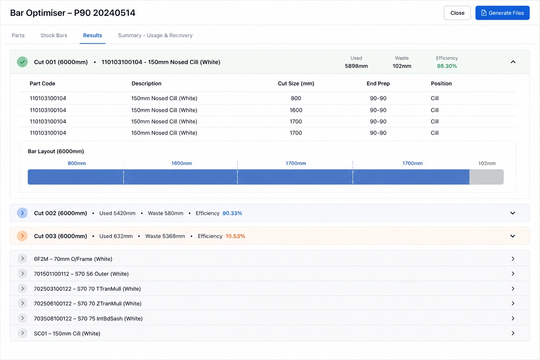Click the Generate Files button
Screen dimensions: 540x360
[x=502, y=13]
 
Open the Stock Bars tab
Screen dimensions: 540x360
[x=54, y=35]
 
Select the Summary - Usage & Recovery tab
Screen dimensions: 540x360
[x=155, y=35]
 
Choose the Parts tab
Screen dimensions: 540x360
[x=18, y=35]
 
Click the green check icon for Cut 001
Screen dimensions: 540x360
[x=22, y=62]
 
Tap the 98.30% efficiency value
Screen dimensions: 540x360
[x=447, y=66]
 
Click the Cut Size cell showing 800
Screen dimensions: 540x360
[x=296, y=98]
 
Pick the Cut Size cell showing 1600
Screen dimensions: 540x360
[x=296, y=110]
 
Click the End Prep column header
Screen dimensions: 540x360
[x=378, y=83]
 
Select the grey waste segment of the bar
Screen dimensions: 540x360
[x=487, y=177]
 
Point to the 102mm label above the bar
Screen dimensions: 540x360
[x=487, y=163]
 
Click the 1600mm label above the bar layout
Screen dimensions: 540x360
[x=181, y=163]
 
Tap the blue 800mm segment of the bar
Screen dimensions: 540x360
[x=76, y=177]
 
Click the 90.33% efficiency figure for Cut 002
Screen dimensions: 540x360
[x=232, y=213]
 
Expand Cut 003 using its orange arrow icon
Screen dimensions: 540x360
[x=22, y=236]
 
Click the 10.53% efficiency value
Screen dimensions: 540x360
[x=235, y=236]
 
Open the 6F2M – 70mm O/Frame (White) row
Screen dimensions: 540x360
[x=73, y=259]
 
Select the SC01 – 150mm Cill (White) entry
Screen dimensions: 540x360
[x=67, y=333]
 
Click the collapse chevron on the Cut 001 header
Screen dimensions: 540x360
[x=513, y=62]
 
